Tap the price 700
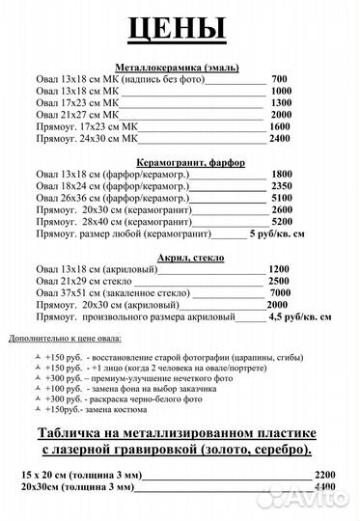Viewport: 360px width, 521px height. [x=280, y=78]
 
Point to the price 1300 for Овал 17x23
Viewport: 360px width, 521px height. [x=280, y=102]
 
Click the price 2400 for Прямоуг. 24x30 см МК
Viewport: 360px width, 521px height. [x=280, y=138]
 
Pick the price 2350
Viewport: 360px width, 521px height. [x=283, y=185]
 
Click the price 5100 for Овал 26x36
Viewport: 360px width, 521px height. [x=283, y=197]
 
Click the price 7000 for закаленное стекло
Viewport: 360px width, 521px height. [x=281, y=291]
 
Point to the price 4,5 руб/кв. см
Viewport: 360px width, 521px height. [x=300, y=315]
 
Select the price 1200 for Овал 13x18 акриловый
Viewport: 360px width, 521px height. [x=279, y=268]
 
